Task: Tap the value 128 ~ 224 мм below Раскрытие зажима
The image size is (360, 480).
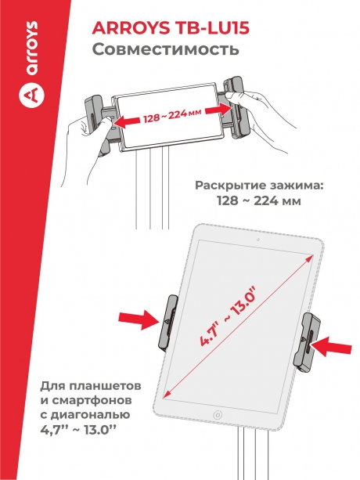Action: pyautogui.click(x=258, y=203)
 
